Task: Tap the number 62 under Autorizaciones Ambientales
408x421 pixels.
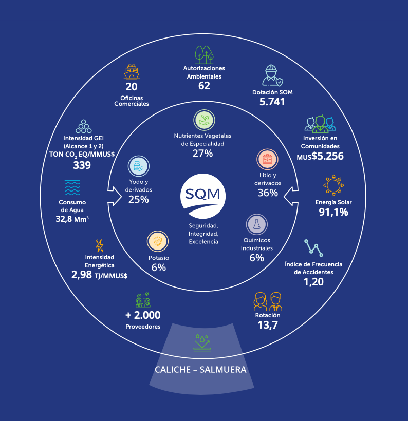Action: [204, 86]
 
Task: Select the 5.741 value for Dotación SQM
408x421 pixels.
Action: [272, 102]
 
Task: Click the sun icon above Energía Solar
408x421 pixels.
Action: [333, 185]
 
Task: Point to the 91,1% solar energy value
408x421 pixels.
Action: [333, 212]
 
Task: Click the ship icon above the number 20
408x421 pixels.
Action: [132, 72]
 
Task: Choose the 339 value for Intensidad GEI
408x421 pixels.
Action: [82, 165]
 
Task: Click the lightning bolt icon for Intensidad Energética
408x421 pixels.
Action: [100, 245]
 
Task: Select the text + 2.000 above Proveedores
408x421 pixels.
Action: [143, 315]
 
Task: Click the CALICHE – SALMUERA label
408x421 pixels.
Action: [200, 370]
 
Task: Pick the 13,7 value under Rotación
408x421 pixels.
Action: [267, 324]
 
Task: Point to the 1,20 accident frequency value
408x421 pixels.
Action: [313, 281]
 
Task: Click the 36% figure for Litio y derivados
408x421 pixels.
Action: [268, 193]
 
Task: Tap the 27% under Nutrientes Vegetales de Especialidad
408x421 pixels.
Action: [202, 153]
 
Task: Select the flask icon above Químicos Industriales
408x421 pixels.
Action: [256, 224]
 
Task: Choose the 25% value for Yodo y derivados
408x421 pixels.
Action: [138, 199]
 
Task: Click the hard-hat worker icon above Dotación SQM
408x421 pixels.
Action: [272, 75]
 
